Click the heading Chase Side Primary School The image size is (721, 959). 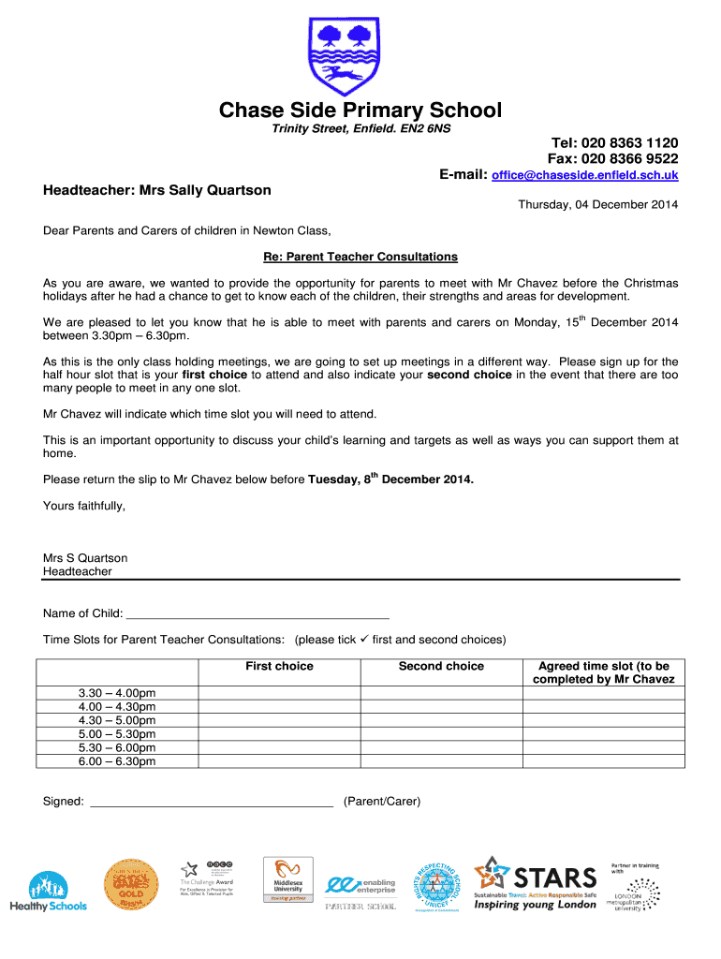tap(360, 111)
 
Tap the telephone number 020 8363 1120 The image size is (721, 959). tap(614, 142)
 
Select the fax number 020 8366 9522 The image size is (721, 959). tap(614, 158)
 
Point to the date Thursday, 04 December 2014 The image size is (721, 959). tap(598, 205)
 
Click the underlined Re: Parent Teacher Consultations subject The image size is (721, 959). tap(360, 257)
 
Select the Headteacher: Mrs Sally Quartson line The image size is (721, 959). tap(157, 190)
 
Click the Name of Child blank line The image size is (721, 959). tap(257, 613)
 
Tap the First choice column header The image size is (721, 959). tap(279, 666)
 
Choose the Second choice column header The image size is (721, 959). tap(441, 666)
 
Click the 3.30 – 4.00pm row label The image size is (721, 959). tap(117, 693)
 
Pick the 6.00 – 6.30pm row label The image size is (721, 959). tap(117, 761)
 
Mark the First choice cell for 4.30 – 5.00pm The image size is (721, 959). tap(279, 720)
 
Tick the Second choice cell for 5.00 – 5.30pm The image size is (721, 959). tap(441, 734)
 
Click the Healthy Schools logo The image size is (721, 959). tap(48, 891)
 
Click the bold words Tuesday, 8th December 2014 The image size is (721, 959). tap(390, 479)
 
